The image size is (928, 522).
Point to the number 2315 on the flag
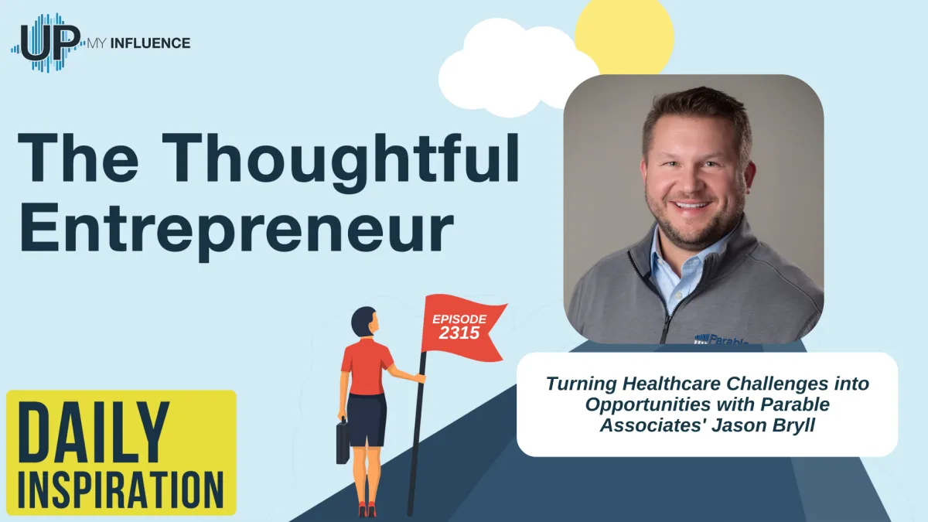click(459, 333)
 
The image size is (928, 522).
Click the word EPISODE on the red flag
click(459, 319)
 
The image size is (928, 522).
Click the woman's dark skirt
click(367, 418)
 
